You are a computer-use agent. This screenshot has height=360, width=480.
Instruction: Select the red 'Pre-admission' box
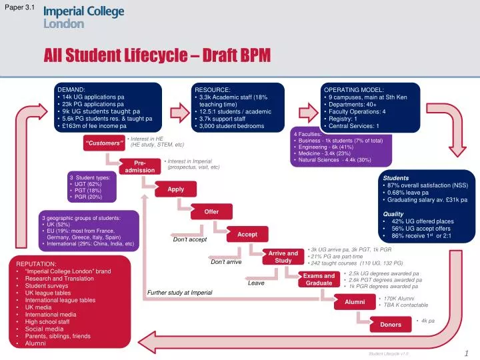tap(140, 167)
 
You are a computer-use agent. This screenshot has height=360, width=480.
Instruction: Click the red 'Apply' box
tap(175, 189)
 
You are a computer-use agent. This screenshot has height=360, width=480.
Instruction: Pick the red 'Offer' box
tap(211, 212)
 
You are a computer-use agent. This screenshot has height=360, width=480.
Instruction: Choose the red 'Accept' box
tap(247, 235)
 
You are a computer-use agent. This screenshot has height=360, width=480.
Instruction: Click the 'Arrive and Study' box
tap(283, 257)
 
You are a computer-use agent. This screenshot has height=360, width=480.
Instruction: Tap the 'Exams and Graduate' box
tap(319, 279)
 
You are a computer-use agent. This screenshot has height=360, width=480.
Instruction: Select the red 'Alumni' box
tap(355, 302)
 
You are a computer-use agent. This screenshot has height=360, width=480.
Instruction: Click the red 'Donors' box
tap(391, 325)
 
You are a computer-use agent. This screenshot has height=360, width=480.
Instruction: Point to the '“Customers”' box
tap(104, 143)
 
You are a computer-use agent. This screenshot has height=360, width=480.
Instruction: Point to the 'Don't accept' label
tap(189, 240)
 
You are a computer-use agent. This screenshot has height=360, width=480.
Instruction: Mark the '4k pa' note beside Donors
tap(428, 321)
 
